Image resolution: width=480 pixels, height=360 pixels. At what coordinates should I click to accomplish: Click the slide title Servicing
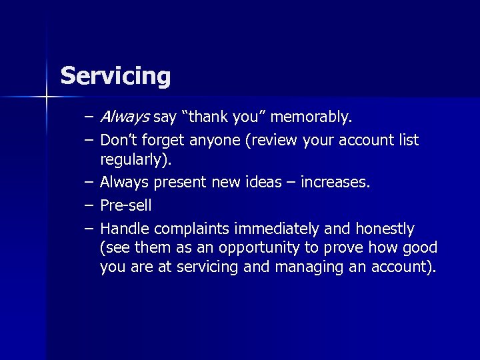(x=115, y=76)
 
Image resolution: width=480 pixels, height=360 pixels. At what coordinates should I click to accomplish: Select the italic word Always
(x=125, y=119)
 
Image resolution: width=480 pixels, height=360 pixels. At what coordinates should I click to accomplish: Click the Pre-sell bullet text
(x=125, y=205)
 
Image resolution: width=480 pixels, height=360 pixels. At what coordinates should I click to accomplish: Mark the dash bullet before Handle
(x=89, y=229)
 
